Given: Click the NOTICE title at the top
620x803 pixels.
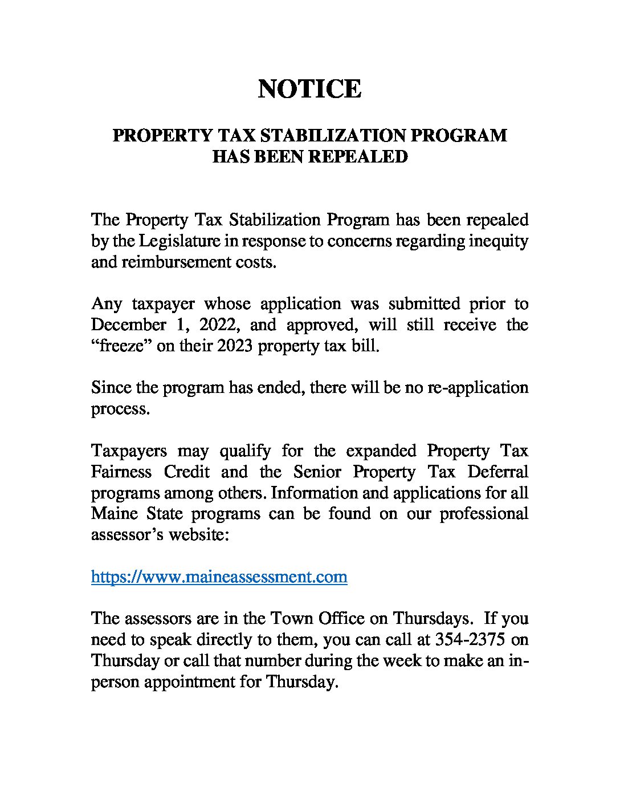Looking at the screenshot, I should [x=309, y=90].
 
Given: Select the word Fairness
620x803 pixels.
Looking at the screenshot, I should [x=121, y=472].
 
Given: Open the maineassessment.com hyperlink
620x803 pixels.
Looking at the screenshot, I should [x=219, y=577].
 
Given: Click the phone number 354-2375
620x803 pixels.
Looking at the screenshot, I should [x=470, y=639].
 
